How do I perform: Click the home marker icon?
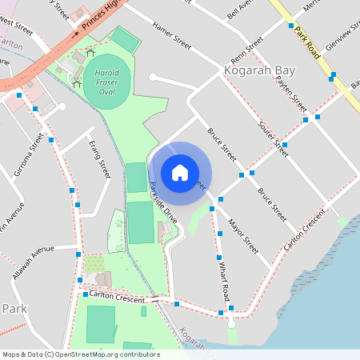(x=180, y=173)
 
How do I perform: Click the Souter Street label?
(x=273, y=137)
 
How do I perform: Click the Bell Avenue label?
(x=239, y=10)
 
